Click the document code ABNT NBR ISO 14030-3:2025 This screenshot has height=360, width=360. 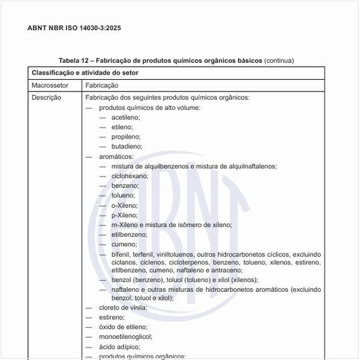pos(74,28)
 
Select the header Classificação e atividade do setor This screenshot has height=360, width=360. pos(84,72)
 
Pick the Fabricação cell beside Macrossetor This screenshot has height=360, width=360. pos(101,85)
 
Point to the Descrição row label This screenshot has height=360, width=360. pos(46,98)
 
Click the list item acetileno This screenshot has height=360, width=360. pos(126,117)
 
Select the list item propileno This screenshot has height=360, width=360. pos(126,137)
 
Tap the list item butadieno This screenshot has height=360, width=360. pos(126,147)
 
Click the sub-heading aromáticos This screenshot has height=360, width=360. pos(116,156)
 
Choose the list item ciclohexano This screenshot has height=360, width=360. pos(130,176)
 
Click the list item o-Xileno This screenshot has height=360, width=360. pos(124,205)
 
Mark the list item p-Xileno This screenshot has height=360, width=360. pos(124,215)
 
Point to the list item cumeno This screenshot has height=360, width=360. pos(124,244)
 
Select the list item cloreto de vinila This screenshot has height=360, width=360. pos(123,308)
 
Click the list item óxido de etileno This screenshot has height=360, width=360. pos(123,327)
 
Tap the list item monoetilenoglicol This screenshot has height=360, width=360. pos(125,336)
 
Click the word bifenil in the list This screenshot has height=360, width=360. pos(120,254)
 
